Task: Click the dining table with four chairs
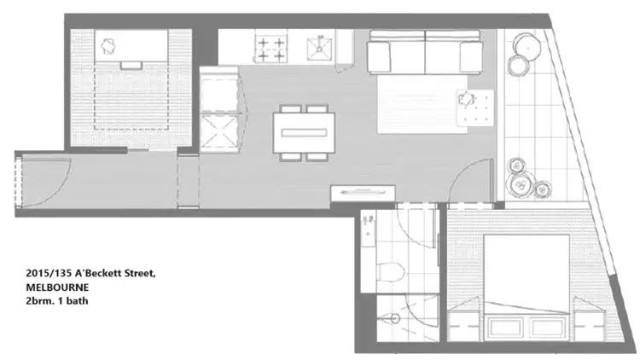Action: pos(303,133)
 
